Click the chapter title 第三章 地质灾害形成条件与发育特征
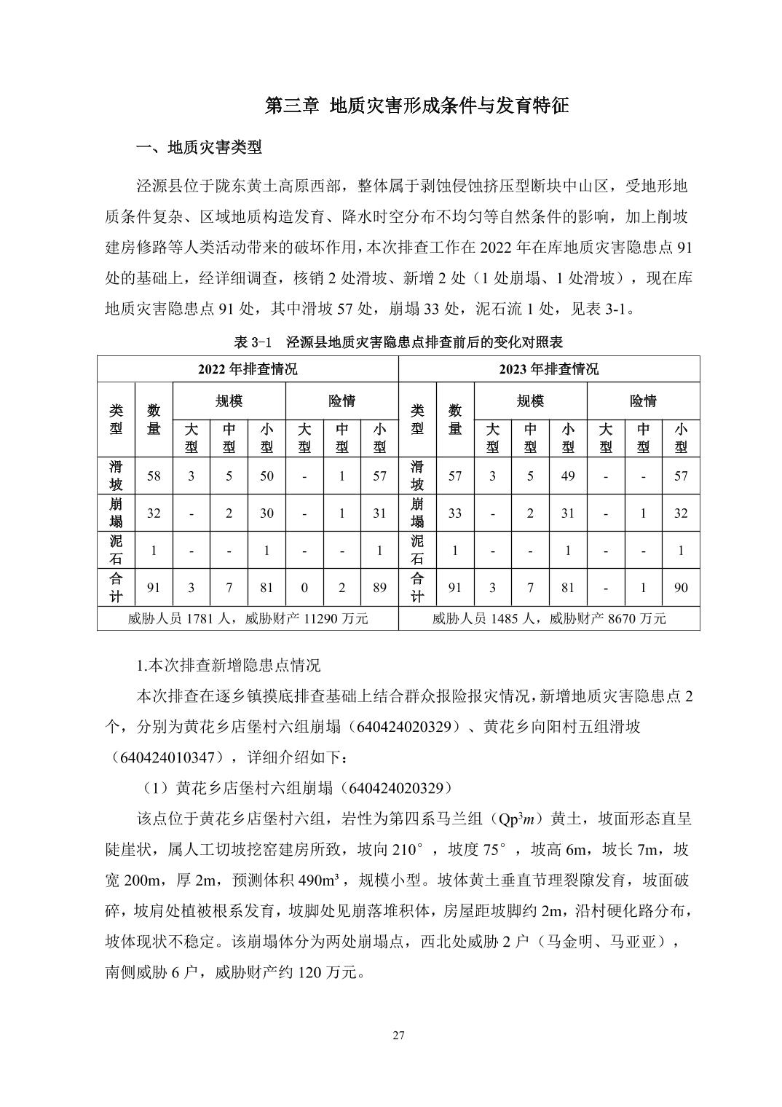tap(416, 106)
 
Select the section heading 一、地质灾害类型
tap(199, 148)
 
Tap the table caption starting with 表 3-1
tap(398, 342)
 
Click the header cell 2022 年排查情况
tap(248, 369)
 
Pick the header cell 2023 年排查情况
tap(549, 369)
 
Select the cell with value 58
tap(154, 476)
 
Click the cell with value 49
tap(568, 476)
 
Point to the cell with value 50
tap(266, 476)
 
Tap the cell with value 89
tap(379, 588)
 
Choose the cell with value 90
tap(681, 588)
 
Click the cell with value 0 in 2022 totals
tap(304, 588)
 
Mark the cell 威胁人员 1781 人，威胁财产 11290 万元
tap(248, 619)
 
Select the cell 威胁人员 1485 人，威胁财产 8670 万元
tap(549, 619)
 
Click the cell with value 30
tap(266, 513)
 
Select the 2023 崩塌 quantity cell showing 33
tap(455, 513)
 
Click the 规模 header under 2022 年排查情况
tap(229, 401)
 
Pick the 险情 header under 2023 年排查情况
tap(643, 401)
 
